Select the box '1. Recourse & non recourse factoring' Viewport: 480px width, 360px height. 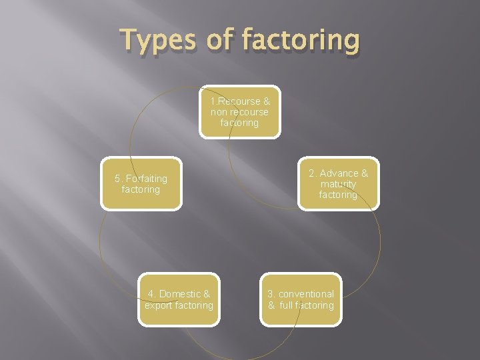tap(240, 112)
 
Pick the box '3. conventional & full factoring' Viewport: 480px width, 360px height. tap(301, 299)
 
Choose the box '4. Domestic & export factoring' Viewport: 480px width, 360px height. tap(179, 299)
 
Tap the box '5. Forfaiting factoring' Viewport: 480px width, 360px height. tap(141, 184)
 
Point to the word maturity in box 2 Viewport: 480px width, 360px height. tap(338, 184)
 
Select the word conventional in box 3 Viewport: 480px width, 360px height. tap(307, 294)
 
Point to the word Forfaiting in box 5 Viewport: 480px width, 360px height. tap(147, 179)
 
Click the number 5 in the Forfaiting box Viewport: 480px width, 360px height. tap(117, 179)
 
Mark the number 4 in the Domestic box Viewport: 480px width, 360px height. tap(151, 294)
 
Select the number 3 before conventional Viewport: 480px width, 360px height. tap(270, 294)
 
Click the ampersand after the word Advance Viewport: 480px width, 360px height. tap(365, 173)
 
